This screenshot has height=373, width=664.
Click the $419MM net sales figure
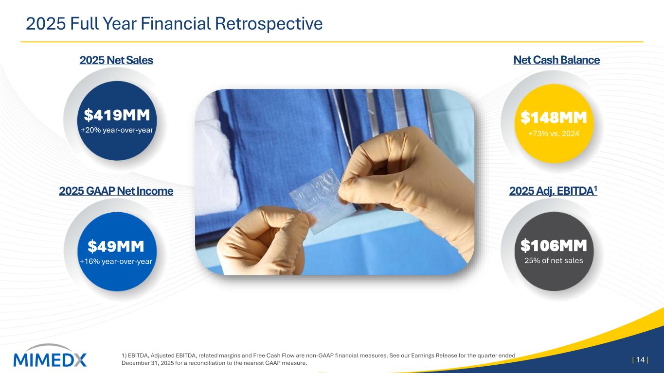pyautogui.click(x=117, y=115)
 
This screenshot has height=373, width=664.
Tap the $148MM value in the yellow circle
pyautogui.click(x=554, y=118)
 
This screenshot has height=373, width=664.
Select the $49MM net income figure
pyautogui.click(x=116, y=246)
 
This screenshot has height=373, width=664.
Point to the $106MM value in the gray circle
pyautogui.click(x=554, y=246)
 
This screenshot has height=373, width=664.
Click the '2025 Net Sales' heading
pyautogui.click(x=116, y=60)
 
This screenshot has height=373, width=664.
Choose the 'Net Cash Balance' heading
pyautogui.click(x=556, y=60)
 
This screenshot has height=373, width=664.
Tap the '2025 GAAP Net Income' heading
pyautogui.click(x=116, y=191)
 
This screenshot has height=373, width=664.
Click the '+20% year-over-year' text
pyautogui.click(x=117, y=130)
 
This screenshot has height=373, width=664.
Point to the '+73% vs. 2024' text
pyautogui.click(x=554, y=134)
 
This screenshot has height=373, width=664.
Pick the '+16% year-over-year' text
pyautogui.click(x=116, y=261)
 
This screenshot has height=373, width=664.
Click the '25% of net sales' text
pyautogui.click(x=554, y=260)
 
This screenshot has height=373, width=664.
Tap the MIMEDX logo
pyautogui.click(x=50, y=356)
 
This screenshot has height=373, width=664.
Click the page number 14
pyautogui.click(x=640, y=360)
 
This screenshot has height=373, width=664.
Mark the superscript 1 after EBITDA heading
pyautogui.click(x=595, y=188)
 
